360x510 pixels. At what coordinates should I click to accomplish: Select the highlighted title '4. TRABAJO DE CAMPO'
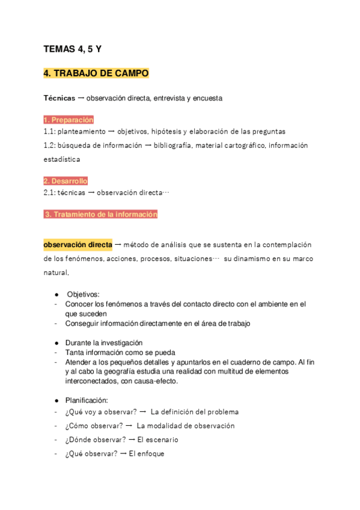[96, 73]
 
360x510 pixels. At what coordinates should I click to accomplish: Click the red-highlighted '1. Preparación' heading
[69, 120]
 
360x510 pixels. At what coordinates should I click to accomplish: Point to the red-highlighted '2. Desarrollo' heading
[66, 180]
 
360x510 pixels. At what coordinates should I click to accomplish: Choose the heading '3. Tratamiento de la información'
[101, 214]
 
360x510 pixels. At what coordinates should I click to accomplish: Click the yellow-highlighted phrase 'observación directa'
[78, 245]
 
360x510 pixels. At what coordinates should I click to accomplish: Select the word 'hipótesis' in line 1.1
[168, 131]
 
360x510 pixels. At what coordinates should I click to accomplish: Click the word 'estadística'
[61, 159]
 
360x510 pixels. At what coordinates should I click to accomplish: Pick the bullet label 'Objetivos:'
[83, 294]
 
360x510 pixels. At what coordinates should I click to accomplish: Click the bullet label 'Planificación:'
[87, 400]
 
